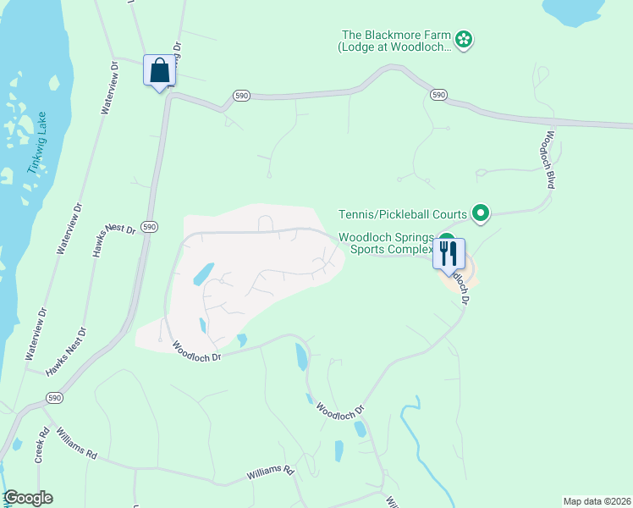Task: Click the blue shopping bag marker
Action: coord(159,71)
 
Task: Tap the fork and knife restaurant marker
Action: coord(449,253)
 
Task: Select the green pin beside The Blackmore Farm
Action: coord(464,38)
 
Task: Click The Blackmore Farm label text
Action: coord(394,41)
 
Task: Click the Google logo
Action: coord(28,498)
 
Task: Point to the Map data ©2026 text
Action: coord(597,501)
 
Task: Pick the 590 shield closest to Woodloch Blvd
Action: coord(438,95)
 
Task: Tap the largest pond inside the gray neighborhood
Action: coord(203,273)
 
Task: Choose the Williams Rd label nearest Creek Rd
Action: coord(76,443)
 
